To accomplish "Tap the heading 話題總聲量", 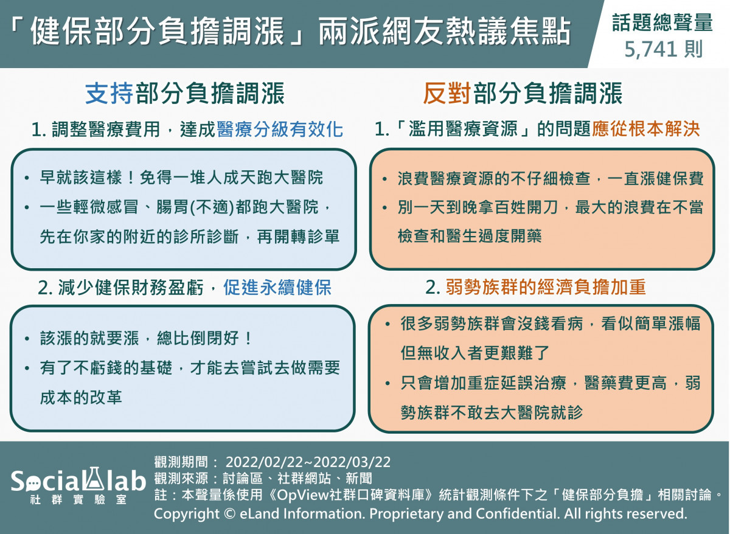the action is coord(662,23).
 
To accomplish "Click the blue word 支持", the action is coord(109,93).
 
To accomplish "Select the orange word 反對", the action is coord(447,93).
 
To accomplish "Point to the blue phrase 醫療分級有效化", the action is coord(280,130).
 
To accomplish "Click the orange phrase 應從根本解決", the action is coord(645,129).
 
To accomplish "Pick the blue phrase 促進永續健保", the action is coord(277,287).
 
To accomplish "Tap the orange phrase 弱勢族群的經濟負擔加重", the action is coord(546,287).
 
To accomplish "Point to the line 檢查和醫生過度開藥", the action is coord(470,236).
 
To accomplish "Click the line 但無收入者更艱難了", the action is coord(475,353).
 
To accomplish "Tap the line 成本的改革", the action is coord(81,398).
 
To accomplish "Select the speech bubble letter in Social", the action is coord(32,484).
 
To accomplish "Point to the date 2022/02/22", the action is coord(265,462).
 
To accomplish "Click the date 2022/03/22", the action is coord(352,462).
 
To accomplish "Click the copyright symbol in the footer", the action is coord(230,514).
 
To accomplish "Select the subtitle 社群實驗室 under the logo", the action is coord(78,499).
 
